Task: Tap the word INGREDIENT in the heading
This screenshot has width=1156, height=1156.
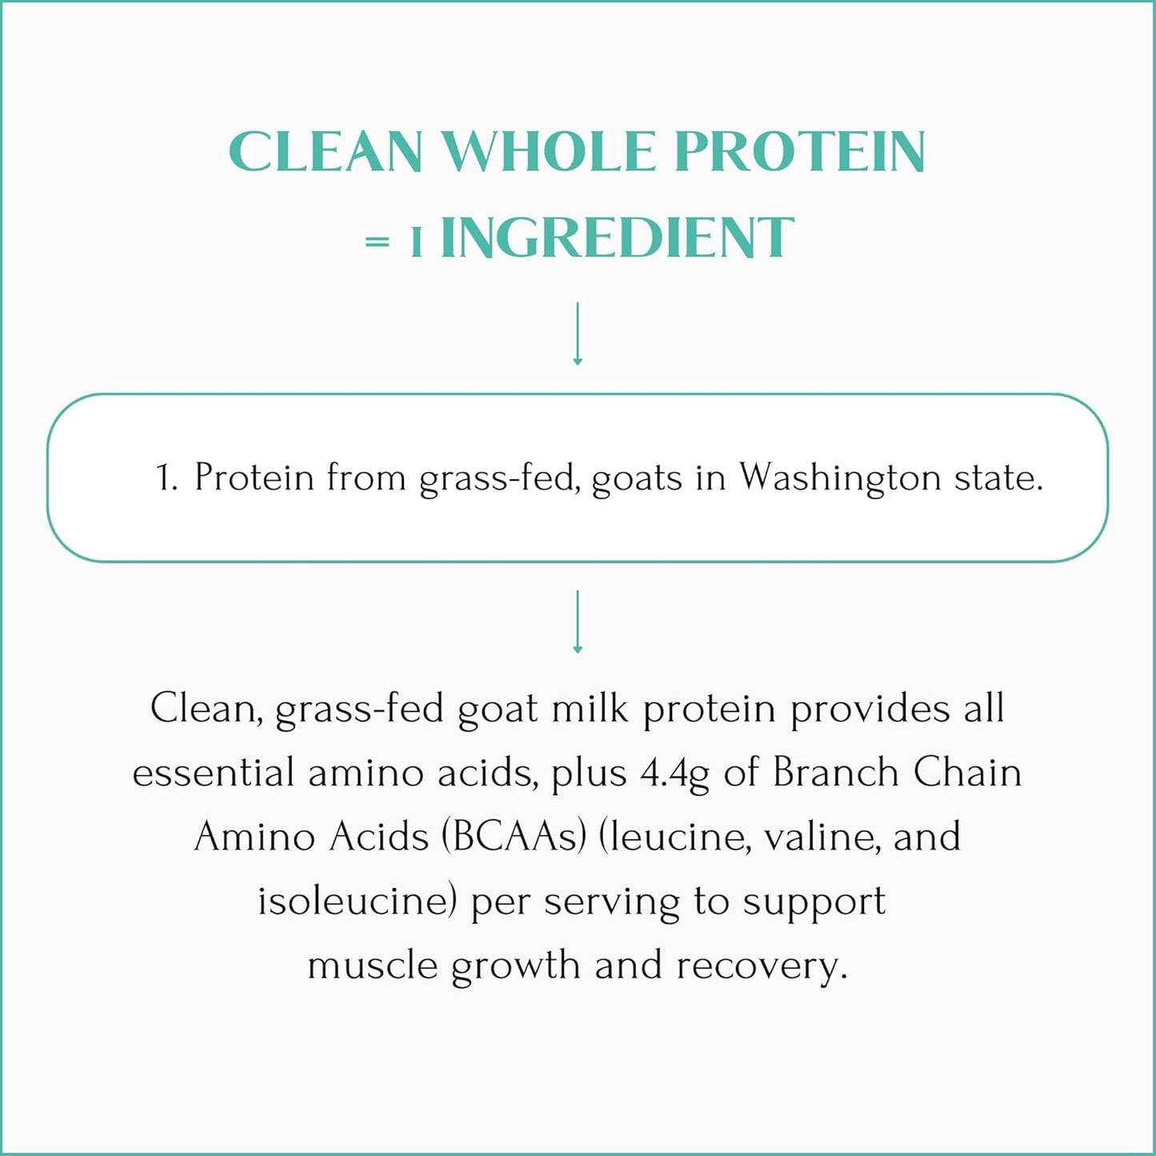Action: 617,238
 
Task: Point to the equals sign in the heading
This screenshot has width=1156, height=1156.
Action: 377,241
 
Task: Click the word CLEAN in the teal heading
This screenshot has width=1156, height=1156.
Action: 325,151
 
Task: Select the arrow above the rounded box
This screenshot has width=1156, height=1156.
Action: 578,334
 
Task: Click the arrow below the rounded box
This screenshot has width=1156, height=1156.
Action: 578,622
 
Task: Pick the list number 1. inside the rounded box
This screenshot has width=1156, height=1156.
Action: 166,478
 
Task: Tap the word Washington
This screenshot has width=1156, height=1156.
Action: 839,478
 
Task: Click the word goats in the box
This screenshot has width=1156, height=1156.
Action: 637,478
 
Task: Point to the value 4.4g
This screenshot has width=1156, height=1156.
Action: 674,774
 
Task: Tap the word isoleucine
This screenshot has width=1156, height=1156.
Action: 357,901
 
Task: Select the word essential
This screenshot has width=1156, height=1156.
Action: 213,773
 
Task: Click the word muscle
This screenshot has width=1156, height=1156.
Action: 372,965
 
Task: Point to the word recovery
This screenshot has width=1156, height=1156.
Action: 761,966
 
